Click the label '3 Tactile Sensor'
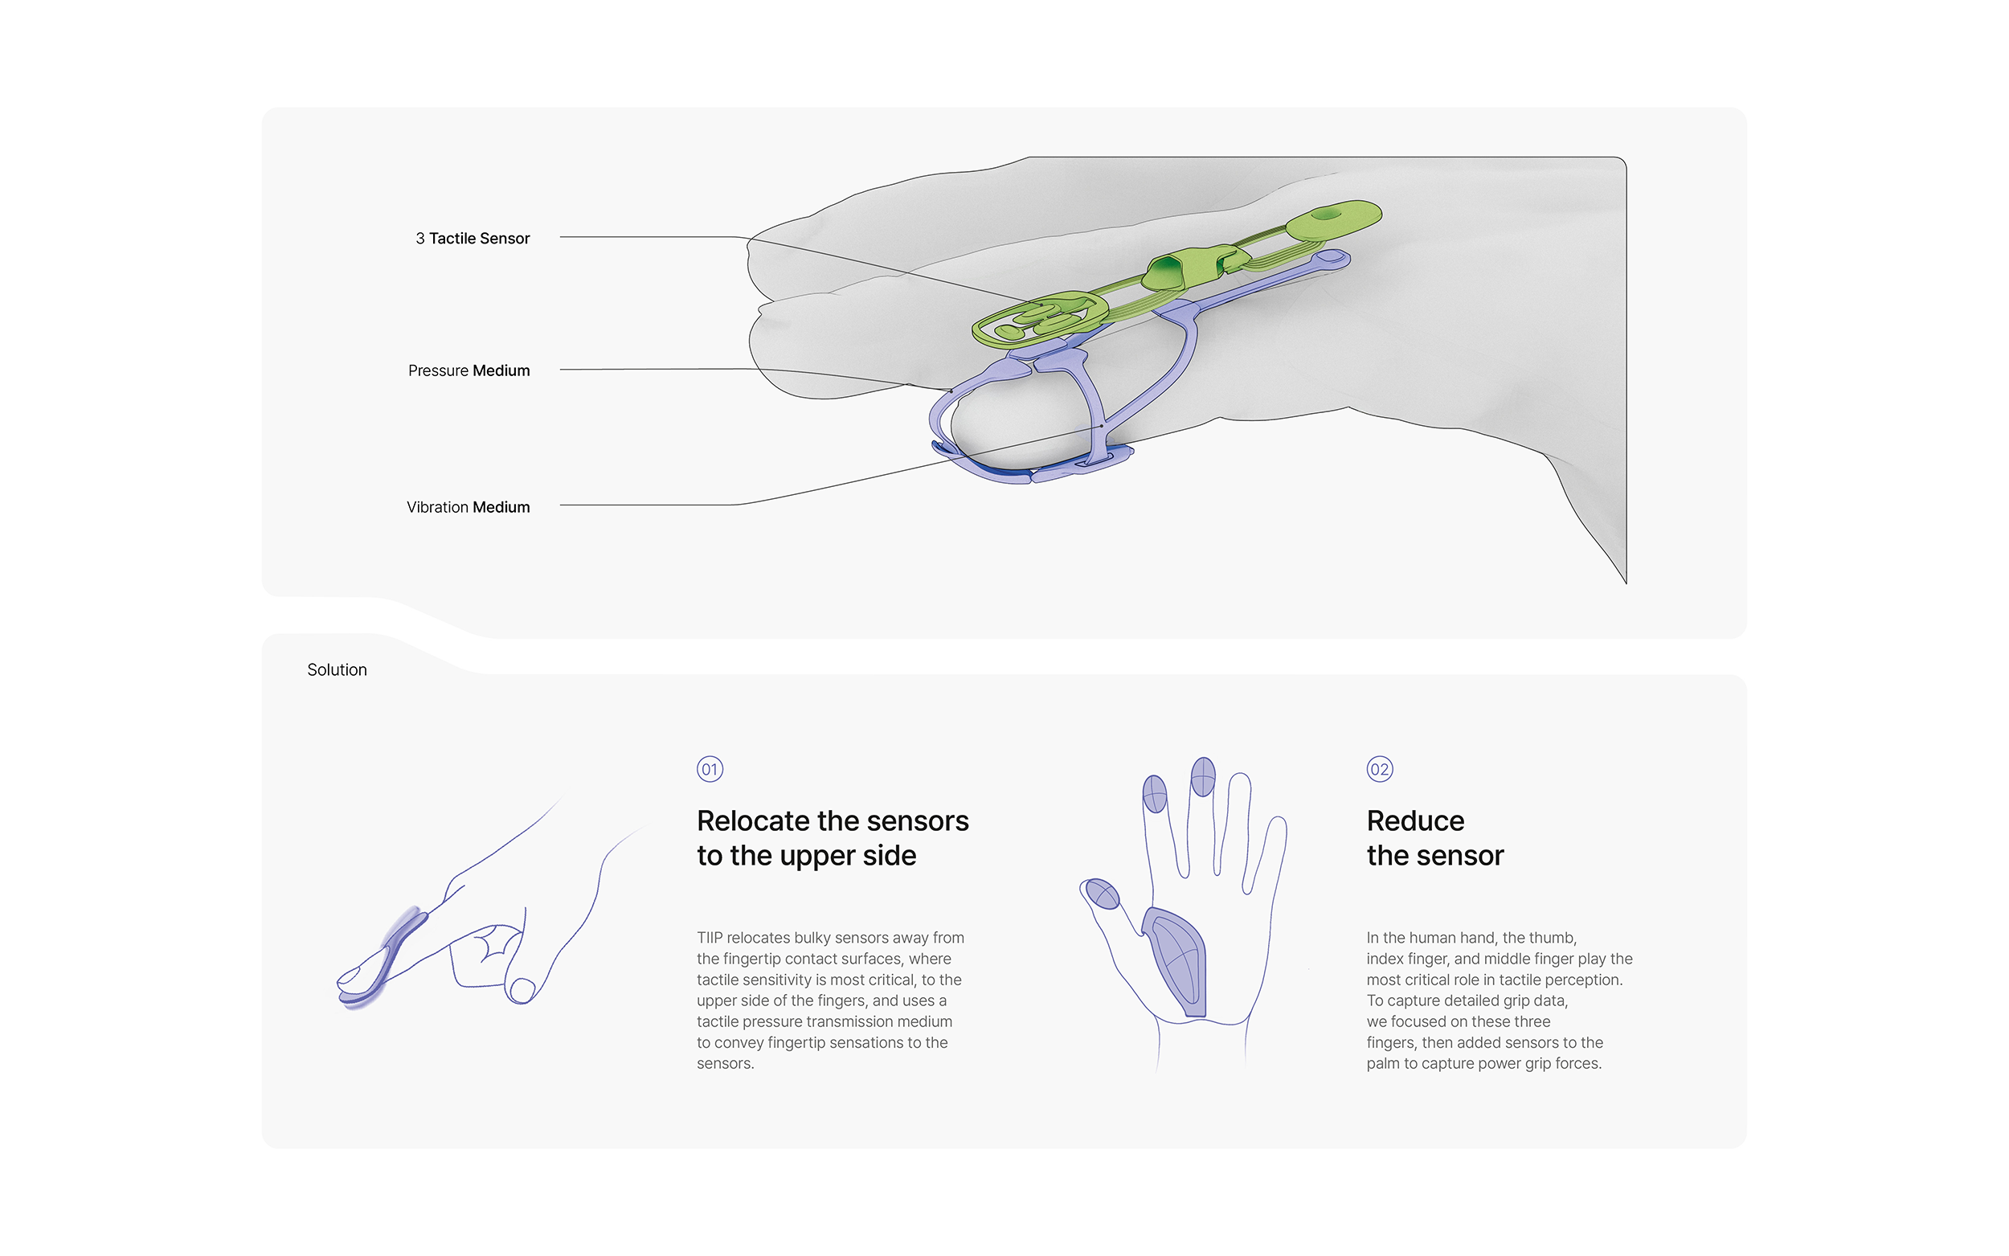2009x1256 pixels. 473,239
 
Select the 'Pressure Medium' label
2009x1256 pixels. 468,370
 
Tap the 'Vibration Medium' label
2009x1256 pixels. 468,507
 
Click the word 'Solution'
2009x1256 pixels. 337,669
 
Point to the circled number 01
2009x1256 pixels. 710,769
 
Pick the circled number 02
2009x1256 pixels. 1380,769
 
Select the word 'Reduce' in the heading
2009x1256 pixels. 1415,820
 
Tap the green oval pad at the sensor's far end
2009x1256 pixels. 1334,218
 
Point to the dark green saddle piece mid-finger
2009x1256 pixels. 1166,272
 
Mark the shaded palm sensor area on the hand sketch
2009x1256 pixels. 1176,962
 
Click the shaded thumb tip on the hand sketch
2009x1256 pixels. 1103,894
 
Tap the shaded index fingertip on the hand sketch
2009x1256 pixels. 1155,793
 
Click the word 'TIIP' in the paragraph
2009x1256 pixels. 710,938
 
